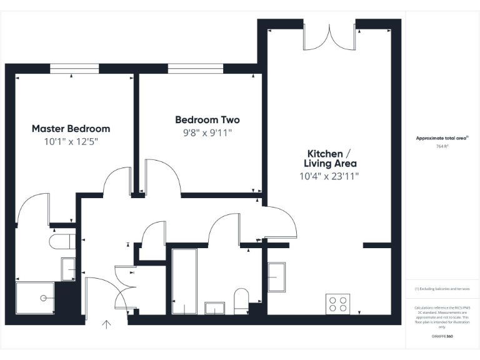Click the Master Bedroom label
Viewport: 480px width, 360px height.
click(x=71, y=129)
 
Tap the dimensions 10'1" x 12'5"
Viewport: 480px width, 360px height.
click(x=71, y=142)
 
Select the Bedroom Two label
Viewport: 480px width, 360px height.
click(x=207, y=119)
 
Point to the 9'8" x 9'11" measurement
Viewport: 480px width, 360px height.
click(x=207, y=132)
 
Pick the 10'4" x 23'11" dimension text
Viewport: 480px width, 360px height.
click(x=329, y=176)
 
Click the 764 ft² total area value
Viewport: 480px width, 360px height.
click(x=442, y=146)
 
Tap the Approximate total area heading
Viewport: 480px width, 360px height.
click(x=442, y=138)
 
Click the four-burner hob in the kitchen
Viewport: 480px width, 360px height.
click(x=338, y=304)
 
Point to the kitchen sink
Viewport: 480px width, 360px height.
click(x=276, y=277)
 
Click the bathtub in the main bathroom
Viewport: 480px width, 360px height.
click(x=184, y=281)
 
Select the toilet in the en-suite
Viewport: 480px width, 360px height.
click(x=61, y=241)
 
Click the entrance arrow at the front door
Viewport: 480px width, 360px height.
click(x=106, y=324)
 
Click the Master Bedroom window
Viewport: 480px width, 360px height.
click(x=74, y=69)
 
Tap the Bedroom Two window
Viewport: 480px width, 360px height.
click(x=195, y=69)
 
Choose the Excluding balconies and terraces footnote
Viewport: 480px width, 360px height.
click(x=442, y=289)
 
